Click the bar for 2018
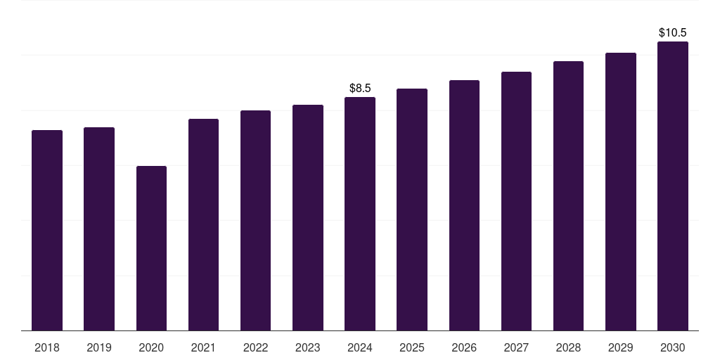pos(47,230)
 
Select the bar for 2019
pos(99,229)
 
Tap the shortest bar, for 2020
pos(151,248)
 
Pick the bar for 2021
pos(203,224)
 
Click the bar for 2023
pos(308,217)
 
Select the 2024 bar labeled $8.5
pos(360,214)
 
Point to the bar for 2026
pos(464,205)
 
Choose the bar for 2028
pos(568,195)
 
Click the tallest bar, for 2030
pos(673,186)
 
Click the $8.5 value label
pos(360,89)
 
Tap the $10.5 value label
pos(673,33)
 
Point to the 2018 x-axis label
pos(47,347)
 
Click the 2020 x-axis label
pos(151,347)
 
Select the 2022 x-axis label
pos(255,347)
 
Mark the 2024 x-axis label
pos(360,347)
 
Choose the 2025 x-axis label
pos(412,347)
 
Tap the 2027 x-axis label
pos(516,347)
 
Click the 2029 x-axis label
pos(620,347)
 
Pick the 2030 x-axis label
pos(673,347)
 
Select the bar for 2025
pos(412,210)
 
